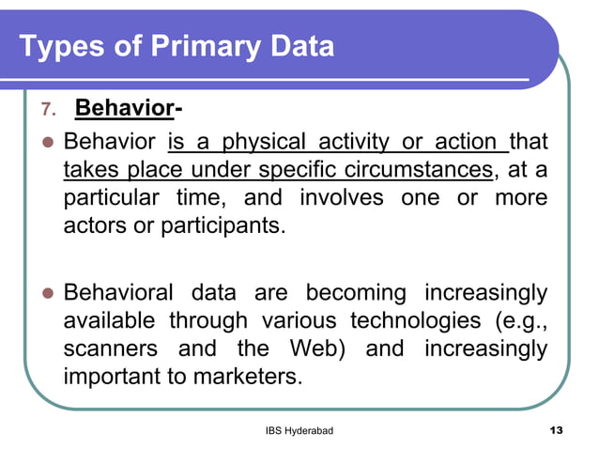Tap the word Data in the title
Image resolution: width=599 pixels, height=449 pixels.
coord(299,46)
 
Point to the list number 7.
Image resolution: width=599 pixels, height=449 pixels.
coord(51,111)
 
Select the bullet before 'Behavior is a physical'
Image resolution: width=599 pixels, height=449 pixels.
coord(45,144)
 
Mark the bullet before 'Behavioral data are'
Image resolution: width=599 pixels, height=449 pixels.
coord(45,293)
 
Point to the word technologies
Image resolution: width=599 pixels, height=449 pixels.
coord(412,321)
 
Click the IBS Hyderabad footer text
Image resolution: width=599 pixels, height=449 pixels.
coord(299,430)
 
